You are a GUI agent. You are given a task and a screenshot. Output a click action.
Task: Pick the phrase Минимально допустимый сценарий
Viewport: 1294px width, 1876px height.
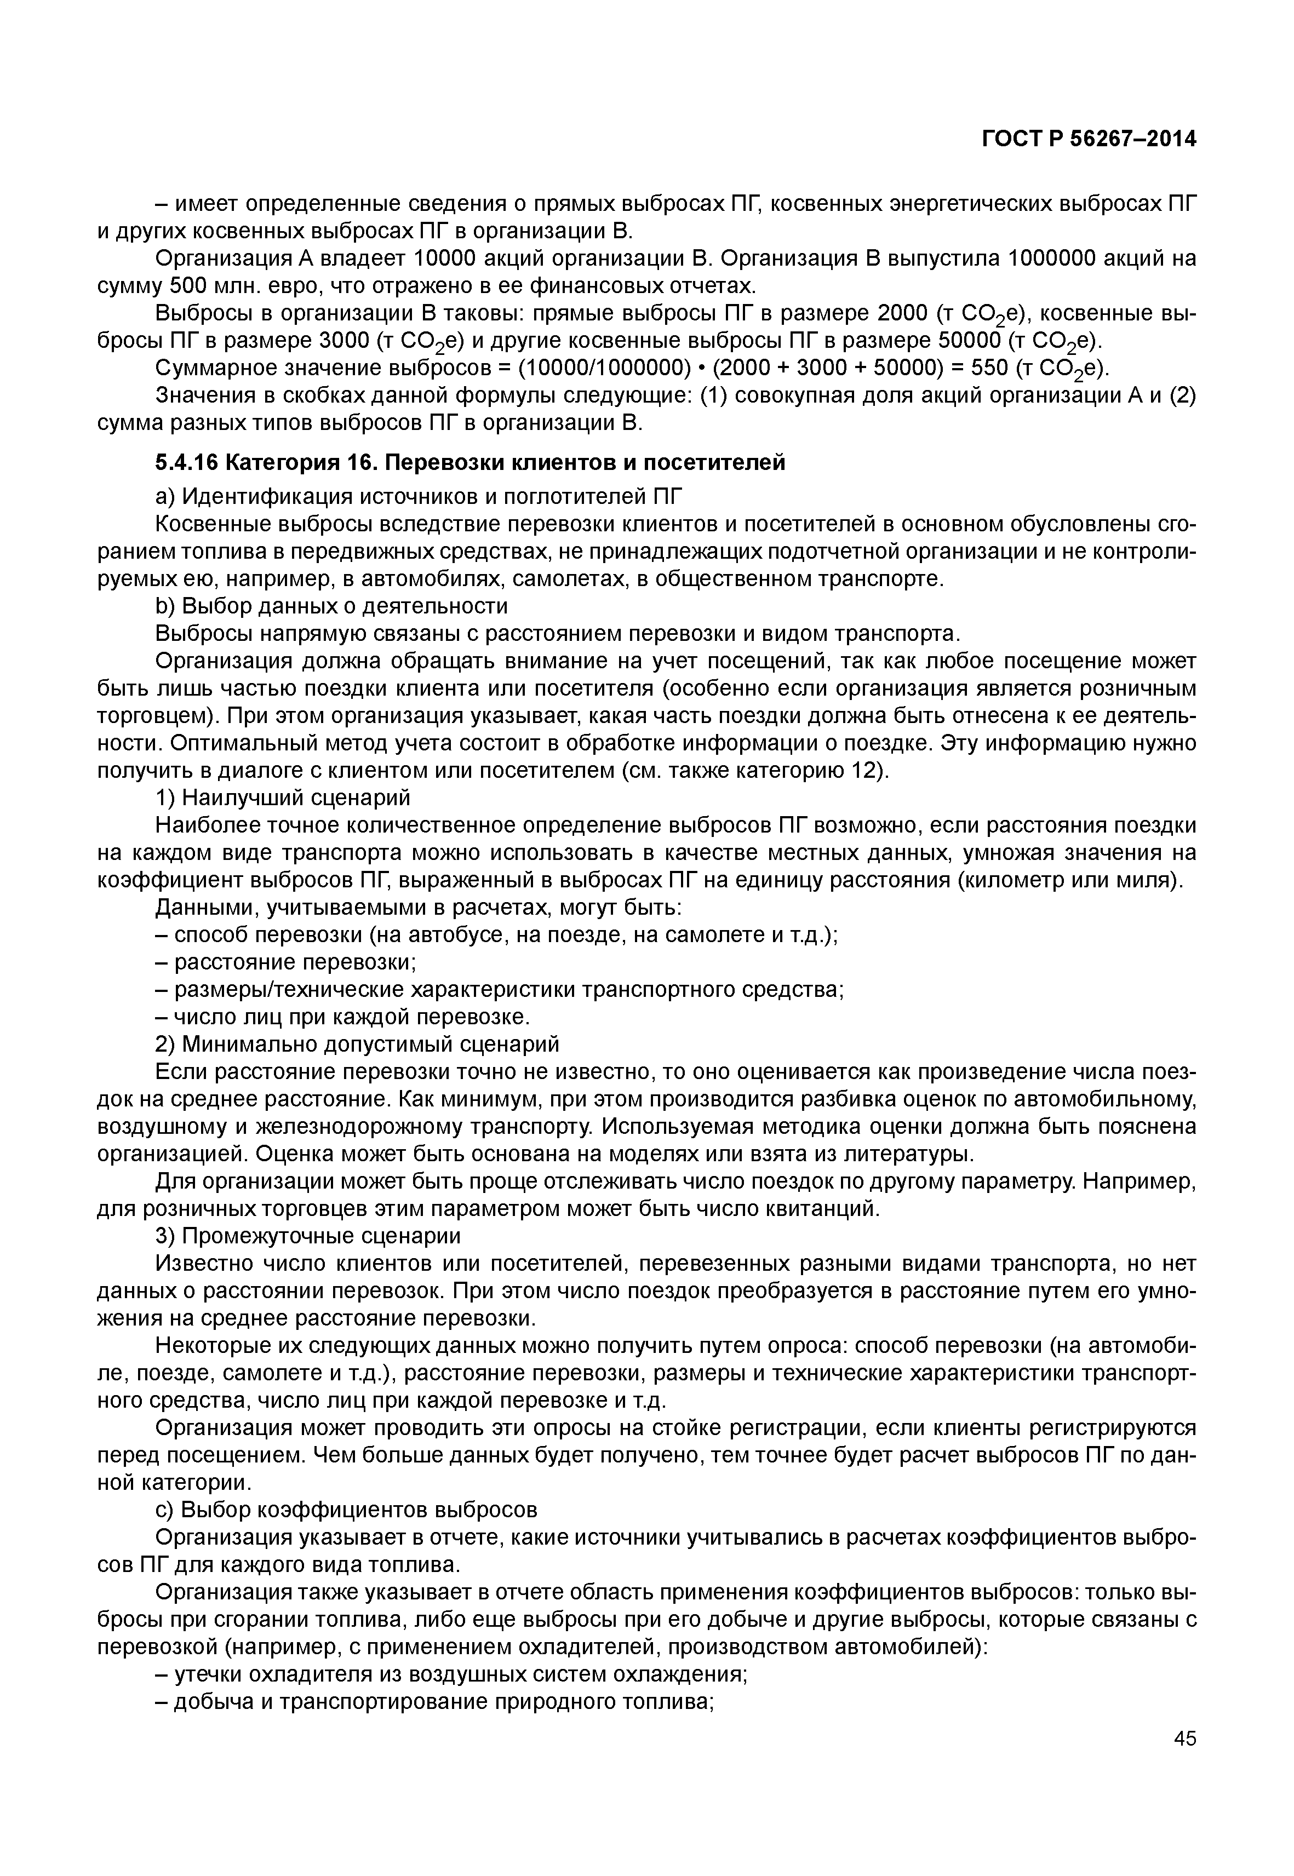point(370,1043)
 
